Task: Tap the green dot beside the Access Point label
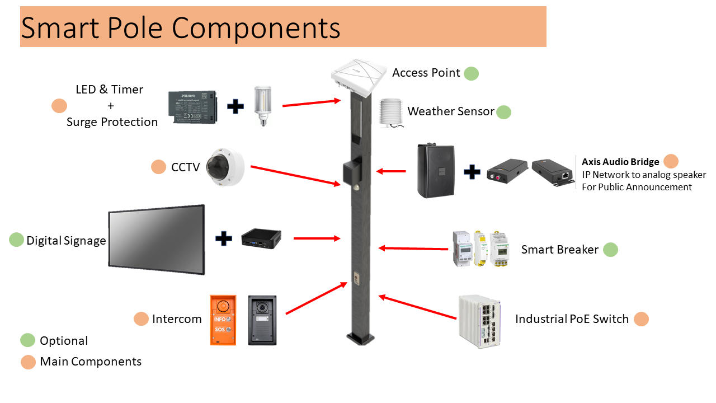[x=471, y=73]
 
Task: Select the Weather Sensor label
[x=451, y=111]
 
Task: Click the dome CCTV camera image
[x=225, y=167]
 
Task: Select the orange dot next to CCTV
[x=158, y=167]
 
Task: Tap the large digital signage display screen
[x=156, y=240]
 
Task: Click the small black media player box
[x=261, y=240]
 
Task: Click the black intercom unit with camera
[x=262, y=320]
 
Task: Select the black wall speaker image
[x=437, y=171]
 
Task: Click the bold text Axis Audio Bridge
[x=620, y=162]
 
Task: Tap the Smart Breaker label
[x=559, y=250]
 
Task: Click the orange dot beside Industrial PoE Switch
[x=641, y=319]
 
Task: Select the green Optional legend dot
[x=27, y=340]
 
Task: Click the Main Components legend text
[x=91, y=362]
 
